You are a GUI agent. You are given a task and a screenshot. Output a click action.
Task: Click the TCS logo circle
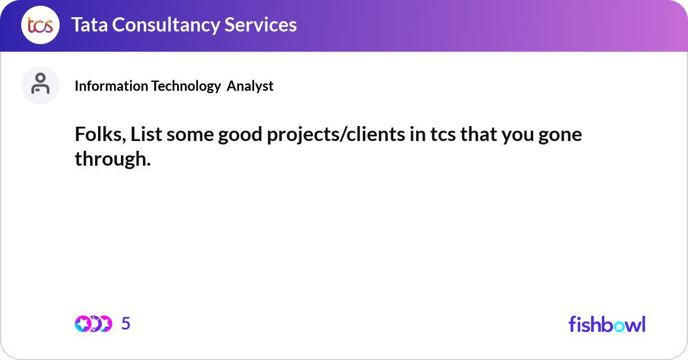(40, 25)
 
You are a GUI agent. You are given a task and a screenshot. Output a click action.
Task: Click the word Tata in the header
(89, 25)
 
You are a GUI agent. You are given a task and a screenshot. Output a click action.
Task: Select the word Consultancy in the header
(166, 25)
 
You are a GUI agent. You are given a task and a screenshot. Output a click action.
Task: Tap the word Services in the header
(260, 25)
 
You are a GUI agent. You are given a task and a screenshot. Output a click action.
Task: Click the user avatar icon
(40, 85)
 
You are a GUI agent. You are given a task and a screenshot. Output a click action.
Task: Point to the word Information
(111, 86)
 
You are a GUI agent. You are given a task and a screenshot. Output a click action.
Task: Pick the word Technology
(186, 87)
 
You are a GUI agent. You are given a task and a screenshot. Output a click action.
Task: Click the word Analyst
(250, 87)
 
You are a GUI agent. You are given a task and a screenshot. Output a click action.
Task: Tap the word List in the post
(146, 134)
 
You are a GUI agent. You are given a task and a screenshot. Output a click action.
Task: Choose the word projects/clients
(336, 135)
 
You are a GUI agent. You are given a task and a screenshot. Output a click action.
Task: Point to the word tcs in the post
(443, 135)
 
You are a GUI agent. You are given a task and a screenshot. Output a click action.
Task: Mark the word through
(113, 160)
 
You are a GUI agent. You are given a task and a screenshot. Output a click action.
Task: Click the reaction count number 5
(126, 323)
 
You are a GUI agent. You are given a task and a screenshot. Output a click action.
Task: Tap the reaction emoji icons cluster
(93, 324)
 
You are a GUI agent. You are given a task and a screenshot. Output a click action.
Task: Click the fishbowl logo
(607, 324)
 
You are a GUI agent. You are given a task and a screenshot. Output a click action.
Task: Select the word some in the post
(190, 135)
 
